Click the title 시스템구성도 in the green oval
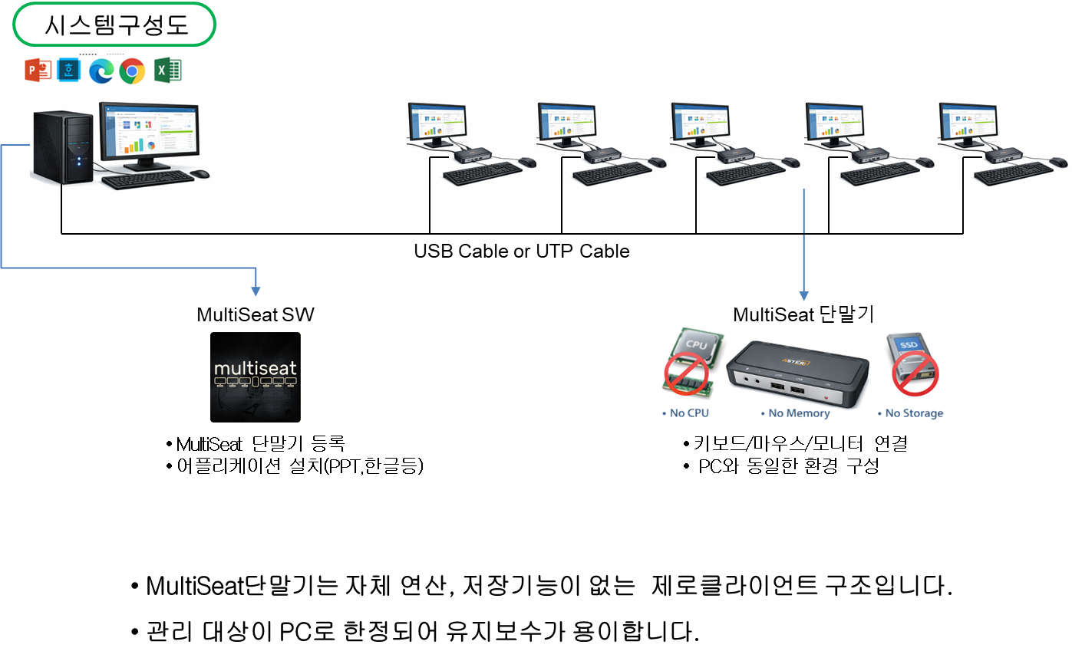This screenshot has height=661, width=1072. pyautogui.click(x=115, y=27)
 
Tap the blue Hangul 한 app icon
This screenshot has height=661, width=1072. pyautogui.click(x=69, y=71)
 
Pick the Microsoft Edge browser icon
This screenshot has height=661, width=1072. pyautogui.click(x=101, y=71)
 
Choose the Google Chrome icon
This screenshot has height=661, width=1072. pyautogui.click(x=132, y=71)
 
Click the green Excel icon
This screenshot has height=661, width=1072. pyautogui.click(x=168, y=71)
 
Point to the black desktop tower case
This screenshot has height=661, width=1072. pyautogui.click(x=63, y=146)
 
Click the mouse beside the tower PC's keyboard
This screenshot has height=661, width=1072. pyautogui.click(x=201, y=173)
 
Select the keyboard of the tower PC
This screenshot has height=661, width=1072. pyautogui.click(x=147, y=180)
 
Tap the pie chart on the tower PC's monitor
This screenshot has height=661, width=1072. pyautogui.click(x=151, y=145)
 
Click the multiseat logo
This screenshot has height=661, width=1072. pyautogui.click(x=256, y=377)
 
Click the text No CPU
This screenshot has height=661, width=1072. pyautogui.click(x=688, y=413)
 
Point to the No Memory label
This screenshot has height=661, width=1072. pyautogui.click(x=799, y=413)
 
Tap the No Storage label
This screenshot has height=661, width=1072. pyautogui.click(x=913, y=413)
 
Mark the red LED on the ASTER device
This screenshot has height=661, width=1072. pyautogui.click(x=826, y=396)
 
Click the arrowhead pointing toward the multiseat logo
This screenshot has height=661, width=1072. pyautogui.click(x=256, y=291)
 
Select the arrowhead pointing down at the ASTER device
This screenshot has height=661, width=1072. pyautogui.click(x=804, y=296)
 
